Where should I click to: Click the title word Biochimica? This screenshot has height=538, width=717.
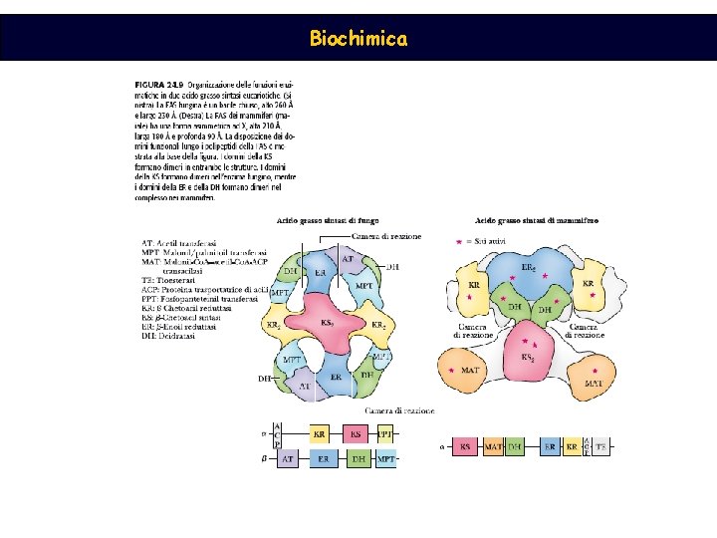click(358, 39)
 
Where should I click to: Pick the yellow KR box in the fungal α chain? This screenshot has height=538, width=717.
click(319, 434)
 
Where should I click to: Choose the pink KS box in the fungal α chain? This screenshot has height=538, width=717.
click(355, 434)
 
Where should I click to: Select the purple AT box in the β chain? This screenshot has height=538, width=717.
click(287, 458)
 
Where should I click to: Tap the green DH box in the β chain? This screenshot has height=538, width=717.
click(358, 458)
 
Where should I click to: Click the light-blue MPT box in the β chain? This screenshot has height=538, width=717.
click(385, 458)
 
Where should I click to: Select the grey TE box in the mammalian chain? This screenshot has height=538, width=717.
click(600, 447)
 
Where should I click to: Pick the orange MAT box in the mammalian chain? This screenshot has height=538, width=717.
click(492, 447)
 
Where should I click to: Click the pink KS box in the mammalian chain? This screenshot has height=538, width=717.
click(465, 447)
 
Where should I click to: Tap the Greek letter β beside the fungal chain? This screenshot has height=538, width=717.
click(263, 458)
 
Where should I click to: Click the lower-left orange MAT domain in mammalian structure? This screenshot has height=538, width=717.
click(469, 370)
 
